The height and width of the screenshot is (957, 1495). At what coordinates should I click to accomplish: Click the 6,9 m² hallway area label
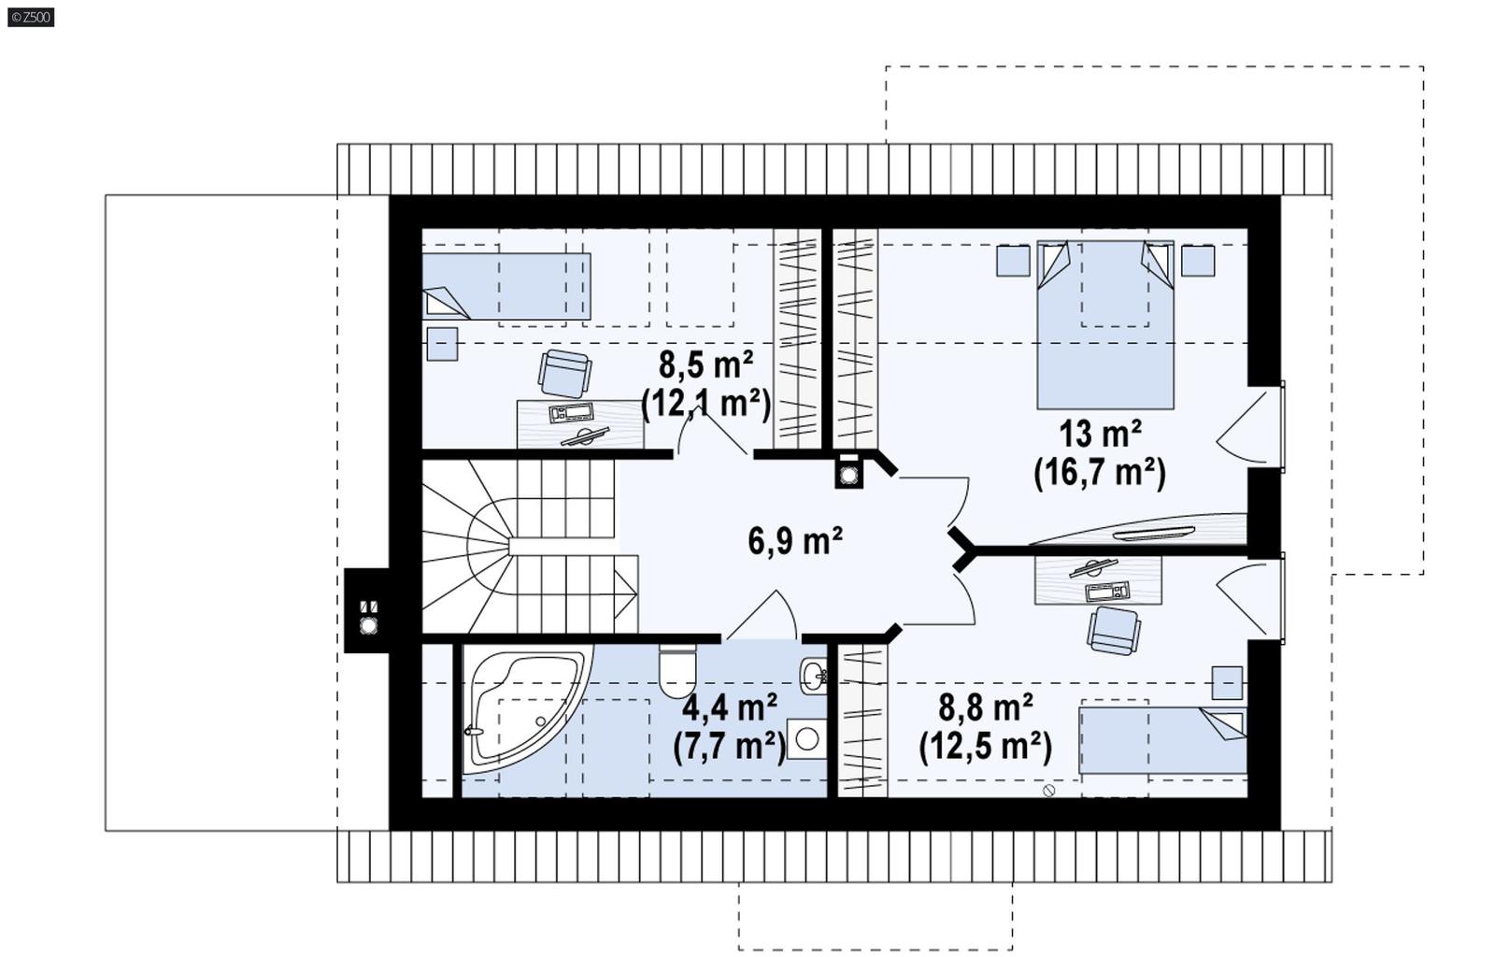pyautogui.click(x=795, y=541)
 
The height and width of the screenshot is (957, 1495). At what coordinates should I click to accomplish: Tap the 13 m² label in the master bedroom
pyautogui.click(x=1099, y=435)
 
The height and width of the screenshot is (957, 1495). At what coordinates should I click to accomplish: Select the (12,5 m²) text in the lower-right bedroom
pyautogui.click(x=985, y=747)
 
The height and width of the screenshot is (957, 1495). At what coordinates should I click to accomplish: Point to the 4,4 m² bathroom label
pyautogui.click(x=730, y=707)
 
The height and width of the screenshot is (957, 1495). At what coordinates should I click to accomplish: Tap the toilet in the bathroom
pyautogui.click(x=677, y=671)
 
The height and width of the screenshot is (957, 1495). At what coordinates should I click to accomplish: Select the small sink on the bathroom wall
pyautogui.click(x=814, y=675)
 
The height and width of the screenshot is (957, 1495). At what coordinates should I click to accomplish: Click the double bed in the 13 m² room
pyautogui.click(x=1104, y=327)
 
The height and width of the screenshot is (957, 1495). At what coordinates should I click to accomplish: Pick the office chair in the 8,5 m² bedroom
pyautogui.click(x=564, y=373)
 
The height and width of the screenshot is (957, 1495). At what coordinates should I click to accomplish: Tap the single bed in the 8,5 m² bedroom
pyautogui.click(x=506, y=286)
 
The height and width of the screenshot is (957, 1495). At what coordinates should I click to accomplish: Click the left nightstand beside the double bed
pyautogui.click(x=1012, y=261)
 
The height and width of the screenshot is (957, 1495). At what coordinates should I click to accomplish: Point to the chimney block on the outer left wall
pyautogui.click(x=368, y=610)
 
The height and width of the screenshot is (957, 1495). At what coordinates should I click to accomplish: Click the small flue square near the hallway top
pyautogui.click(x=848, y=472)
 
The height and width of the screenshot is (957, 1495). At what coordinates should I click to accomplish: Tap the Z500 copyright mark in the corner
pyautogui.click(x=31, y=17)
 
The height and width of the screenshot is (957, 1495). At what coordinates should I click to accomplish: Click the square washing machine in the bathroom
pyautogui.click(x=806, y=738)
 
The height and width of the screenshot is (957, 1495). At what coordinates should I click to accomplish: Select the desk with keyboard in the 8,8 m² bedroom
pyautogui.click(x=1098, y=580)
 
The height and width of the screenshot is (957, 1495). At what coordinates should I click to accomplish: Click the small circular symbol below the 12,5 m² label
pyautogui.click(x=1048, y=791)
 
